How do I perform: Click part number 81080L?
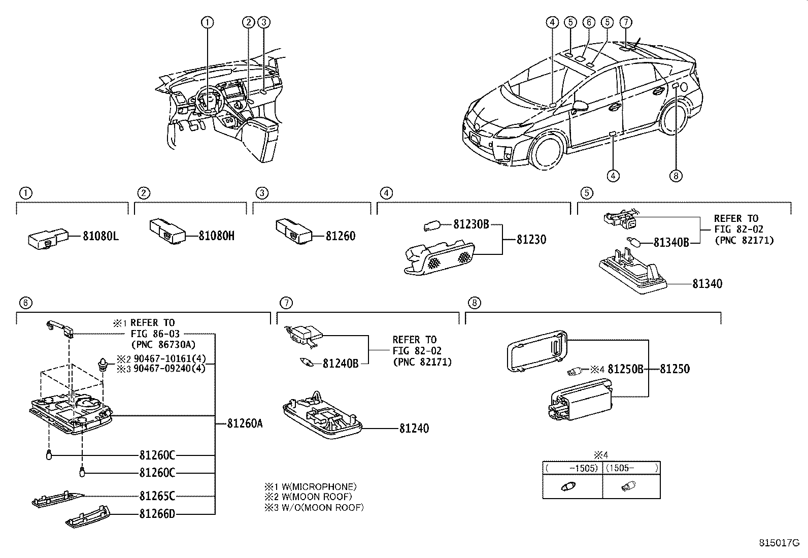point(102,236)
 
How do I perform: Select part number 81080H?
point(216,236)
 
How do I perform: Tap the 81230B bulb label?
point(470,224)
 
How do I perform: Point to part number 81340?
point(707,284)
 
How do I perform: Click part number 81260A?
point(245,424)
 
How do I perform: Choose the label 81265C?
point(157,496)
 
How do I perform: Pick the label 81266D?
point(157,514)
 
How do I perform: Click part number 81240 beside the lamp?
point(414,429)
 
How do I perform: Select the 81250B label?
point(625,369)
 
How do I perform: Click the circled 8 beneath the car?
point(676,176)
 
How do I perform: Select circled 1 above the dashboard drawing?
point(207,22)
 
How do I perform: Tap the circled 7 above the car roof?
point(626,22)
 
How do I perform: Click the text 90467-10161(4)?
point(170,359)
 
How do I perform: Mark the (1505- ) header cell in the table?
point(631,468)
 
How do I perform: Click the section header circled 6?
point(25,303)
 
